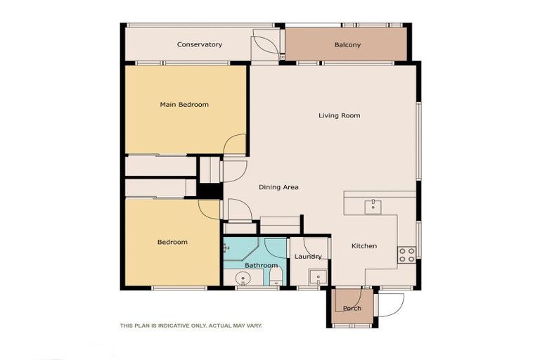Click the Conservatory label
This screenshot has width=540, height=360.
pos(200,44)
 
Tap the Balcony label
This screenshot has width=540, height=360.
pos(347,45)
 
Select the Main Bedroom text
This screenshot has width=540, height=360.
pos(184,105)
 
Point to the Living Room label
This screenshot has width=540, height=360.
pos(339,115)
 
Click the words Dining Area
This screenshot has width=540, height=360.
pos(278,187)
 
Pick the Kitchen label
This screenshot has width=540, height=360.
pos(364,245)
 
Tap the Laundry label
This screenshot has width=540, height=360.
pos(308,257)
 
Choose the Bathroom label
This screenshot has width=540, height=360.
pos(261,265)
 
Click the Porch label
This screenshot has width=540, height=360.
pos(352,308)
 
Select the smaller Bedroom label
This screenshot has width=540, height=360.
pos(172,242)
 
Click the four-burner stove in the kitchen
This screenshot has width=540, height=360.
pos(406,255)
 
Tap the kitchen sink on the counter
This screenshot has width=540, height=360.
pos(371,205)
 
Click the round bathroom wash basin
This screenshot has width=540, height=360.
pos(243,277)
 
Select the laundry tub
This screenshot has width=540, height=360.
pos(319,276)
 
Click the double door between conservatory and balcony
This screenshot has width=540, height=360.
pos(268,45)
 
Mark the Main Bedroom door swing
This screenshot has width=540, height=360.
pos(235,144)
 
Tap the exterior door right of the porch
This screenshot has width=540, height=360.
pos(392,303)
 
